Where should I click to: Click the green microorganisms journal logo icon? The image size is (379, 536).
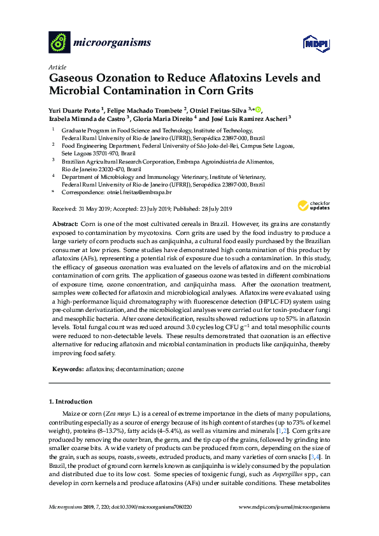tap(59, 43)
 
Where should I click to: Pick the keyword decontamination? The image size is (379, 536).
tap(142, 369)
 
